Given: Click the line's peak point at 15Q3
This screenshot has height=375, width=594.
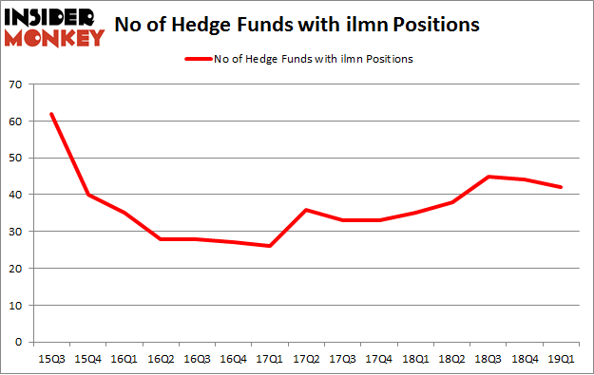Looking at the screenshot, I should [x=51, y=114].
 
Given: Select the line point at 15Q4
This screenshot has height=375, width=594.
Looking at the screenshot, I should [x=87, y=195].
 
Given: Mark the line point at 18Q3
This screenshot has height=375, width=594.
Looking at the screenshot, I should [x=488, y=177].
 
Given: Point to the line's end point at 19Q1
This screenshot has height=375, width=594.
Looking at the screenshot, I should [x=559, y=187].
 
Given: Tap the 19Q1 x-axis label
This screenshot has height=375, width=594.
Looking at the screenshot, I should [x=559, y=360].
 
